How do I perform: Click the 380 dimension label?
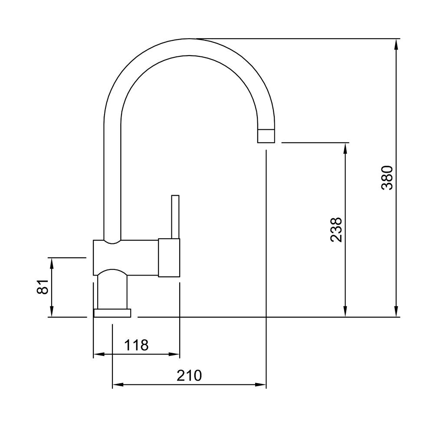coord(387,177)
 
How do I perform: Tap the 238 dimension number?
coord(336,229)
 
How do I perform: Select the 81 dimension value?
coord(43,287)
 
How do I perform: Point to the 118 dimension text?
coord(136,345)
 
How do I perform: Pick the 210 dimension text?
coord(189,375)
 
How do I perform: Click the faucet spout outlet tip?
coord(266,136)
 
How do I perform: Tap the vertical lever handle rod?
coord(175,217)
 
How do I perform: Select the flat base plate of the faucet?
coord(112,313)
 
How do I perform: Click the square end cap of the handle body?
coord(169,258)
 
